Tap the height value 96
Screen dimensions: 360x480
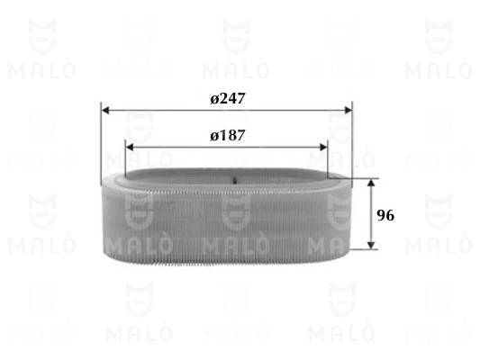coord(385,216)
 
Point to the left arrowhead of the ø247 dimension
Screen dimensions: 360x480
coord(105,112)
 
